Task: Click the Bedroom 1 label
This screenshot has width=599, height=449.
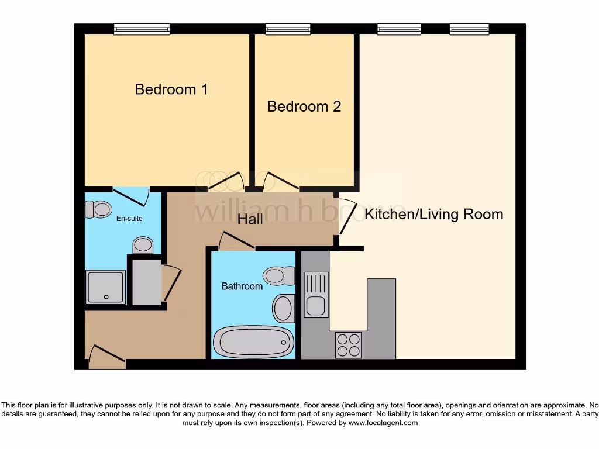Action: (171, 89)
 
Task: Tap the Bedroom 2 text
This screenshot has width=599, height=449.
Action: (304, 106)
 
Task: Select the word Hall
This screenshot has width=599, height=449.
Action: (250, 219)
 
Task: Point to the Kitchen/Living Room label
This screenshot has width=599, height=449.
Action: (433, 214)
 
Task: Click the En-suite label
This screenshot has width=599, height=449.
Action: (129, 219)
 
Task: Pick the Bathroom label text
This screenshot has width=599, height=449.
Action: (242, 286)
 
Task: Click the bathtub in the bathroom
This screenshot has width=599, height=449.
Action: (253, 341)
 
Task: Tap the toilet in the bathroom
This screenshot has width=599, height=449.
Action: (279, 274)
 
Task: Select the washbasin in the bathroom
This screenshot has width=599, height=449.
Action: (284, 308)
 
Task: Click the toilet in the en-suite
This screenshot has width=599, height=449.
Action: (98, 209)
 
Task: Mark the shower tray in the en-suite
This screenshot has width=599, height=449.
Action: (105, 287)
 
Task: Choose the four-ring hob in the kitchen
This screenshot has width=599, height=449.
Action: (348, 344)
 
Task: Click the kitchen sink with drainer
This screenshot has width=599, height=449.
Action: (316, 295)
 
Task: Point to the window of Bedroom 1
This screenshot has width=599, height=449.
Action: (142, 29)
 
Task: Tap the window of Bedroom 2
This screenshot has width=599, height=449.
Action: (288, 29)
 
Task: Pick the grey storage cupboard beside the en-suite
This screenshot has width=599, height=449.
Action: (146, 282)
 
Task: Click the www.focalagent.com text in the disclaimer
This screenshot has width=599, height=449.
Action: (383, 423)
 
